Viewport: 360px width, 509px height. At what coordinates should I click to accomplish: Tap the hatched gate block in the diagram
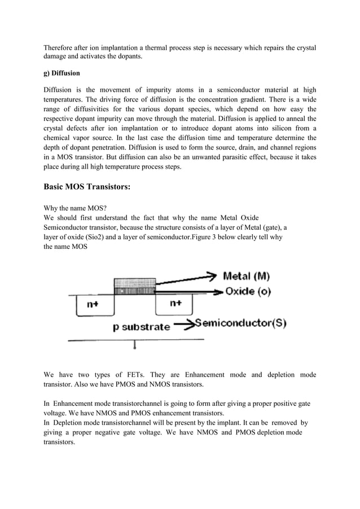(135, 285)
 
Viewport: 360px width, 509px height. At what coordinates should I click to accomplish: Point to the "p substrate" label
(142, 327)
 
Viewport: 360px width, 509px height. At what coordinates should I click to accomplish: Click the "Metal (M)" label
(247, 277)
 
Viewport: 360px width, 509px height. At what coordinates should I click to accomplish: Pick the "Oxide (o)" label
(248, 292)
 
